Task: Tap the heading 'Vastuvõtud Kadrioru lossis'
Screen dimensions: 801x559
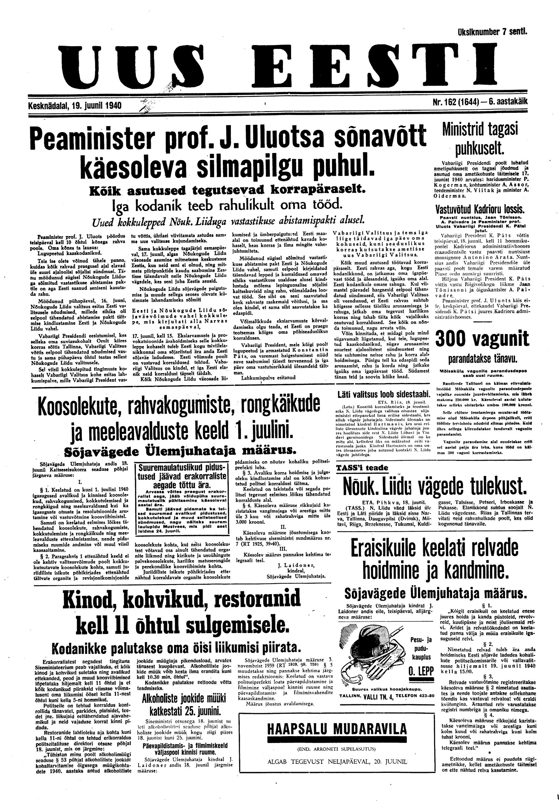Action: [480, 210]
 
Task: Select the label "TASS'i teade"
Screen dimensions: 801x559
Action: [362, 468]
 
